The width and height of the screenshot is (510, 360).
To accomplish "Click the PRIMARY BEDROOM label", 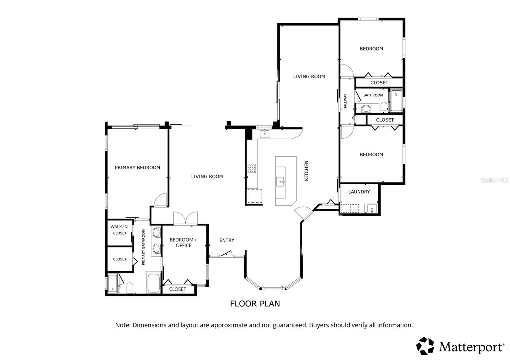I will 137,168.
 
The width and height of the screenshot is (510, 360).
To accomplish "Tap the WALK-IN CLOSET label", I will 119,230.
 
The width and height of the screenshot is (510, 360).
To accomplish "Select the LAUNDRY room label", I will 359,192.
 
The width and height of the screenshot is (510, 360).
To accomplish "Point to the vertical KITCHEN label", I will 307,171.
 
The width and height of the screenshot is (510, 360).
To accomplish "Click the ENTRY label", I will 227,240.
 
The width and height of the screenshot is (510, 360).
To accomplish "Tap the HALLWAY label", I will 345,101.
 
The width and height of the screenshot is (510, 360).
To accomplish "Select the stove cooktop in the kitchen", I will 251,168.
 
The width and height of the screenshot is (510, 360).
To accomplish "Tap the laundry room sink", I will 372,209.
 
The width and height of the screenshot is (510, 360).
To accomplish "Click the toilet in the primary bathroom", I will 130,288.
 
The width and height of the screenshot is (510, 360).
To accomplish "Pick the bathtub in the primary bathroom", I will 154,283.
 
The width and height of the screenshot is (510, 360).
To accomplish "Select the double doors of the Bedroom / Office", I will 186,219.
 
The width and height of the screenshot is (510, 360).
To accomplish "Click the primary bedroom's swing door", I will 160,200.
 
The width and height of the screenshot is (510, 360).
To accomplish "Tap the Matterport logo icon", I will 425,346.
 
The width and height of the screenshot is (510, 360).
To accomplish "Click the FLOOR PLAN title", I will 255,304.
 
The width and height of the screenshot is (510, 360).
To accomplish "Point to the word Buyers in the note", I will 319,325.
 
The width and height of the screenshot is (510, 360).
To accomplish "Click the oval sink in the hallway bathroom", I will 366,108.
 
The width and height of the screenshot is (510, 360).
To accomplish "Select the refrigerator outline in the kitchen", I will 255,196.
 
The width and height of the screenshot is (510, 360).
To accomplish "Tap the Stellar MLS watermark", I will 494,180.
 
